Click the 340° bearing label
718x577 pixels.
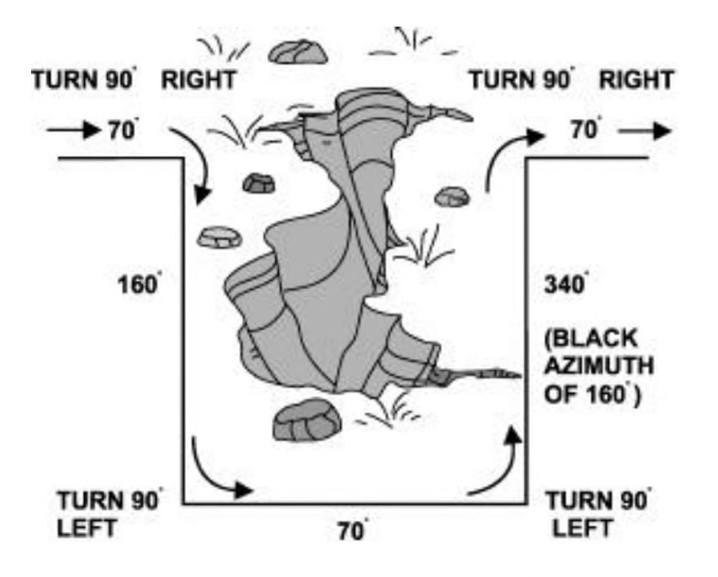coord(562,284)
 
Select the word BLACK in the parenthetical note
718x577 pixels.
coord(583,341)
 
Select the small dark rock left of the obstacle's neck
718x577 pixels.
coord(259,182)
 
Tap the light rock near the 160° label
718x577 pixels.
coord(219,236)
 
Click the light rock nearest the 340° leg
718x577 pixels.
coord(452,197)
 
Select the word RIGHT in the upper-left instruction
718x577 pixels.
coord(199,81)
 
